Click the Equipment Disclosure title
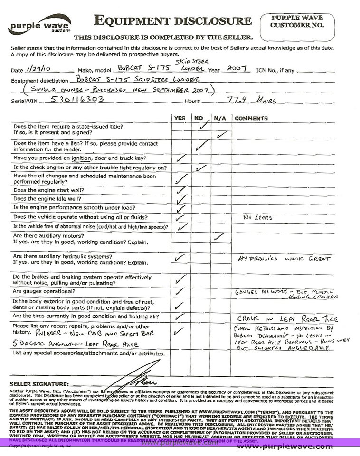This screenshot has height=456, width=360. pos(173,20)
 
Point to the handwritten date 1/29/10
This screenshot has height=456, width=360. pos(32,70)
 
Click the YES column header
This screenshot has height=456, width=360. pos(180,118)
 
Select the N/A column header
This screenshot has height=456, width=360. pos(219,118)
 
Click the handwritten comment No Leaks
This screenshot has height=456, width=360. pos(258,218)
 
